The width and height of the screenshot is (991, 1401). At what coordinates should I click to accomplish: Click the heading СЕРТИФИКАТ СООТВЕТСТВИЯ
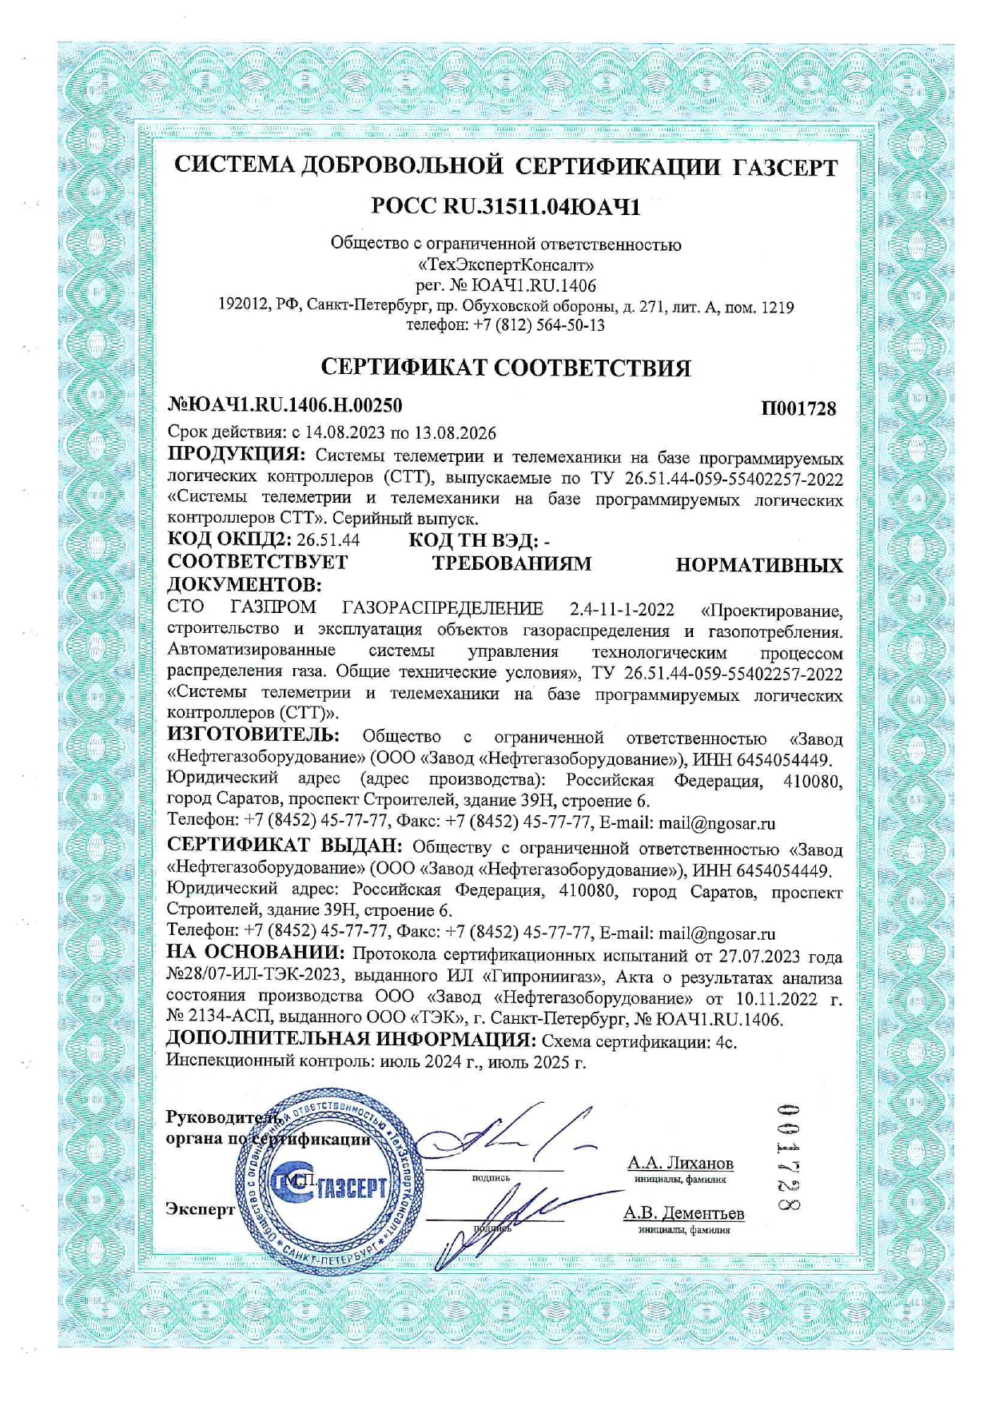click(505, 368)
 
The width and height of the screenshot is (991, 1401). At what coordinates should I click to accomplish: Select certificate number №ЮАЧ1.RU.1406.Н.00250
click(285, 405)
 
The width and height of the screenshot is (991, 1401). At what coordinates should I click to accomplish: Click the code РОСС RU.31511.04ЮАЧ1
click(506, 207)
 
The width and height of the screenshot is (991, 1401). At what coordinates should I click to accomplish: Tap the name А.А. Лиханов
click(680, 1163)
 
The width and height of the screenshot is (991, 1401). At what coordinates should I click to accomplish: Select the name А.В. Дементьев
click(683, 1213)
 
